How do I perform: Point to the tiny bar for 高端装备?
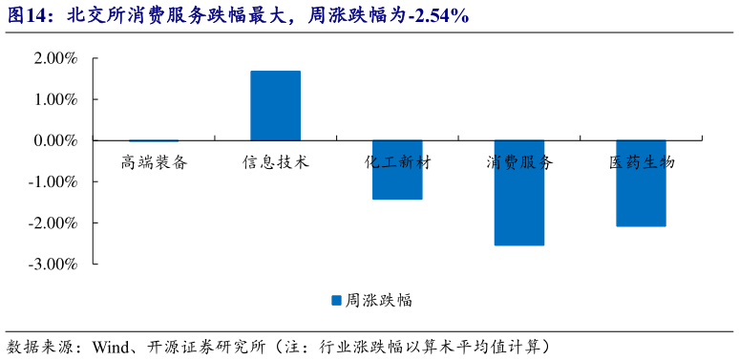(x=154, y=140)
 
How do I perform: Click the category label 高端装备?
(x=154, y=162)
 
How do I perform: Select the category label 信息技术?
(x=276, y=162)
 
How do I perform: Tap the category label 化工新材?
(x=397, y=162)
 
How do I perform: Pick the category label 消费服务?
(x=519, y=162)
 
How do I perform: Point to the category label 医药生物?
(x=642, y=162)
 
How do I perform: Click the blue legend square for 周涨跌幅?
(x=336, y=300)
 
